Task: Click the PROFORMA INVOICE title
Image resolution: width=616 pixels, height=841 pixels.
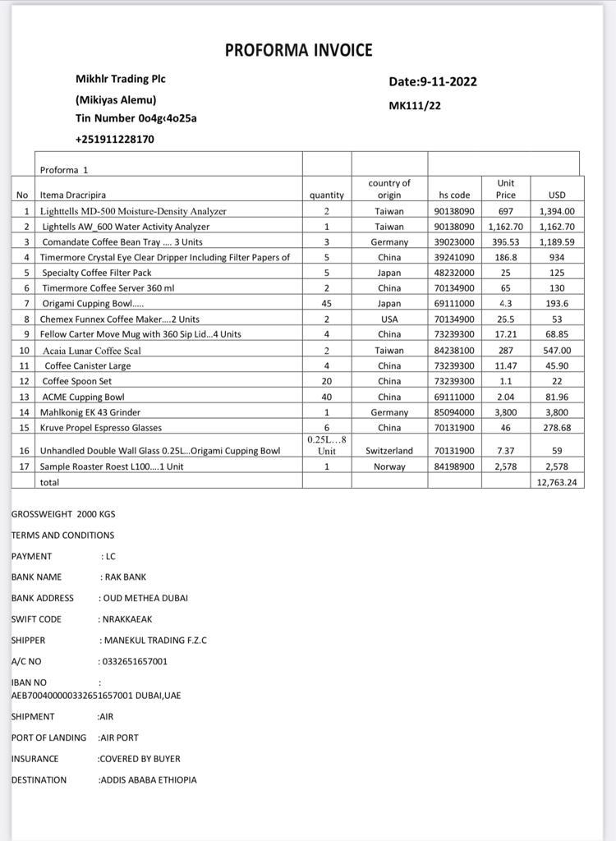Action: pos(298,50)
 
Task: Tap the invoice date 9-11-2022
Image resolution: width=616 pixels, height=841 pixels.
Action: pos(448,81)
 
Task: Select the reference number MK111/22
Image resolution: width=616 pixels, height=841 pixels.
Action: pos(415,106)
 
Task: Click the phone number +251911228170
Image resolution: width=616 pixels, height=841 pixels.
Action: pos(115,139)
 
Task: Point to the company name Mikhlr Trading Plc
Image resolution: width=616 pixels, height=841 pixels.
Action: pos(120,79)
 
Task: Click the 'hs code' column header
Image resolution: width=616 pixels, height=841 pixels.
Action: pos(454,195)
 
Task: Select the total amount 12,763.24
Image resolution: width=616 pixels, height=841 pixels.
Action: pos(557,482)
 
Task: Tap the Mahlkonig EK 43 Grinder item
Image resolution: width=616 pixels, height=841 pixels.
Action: pos(91,412)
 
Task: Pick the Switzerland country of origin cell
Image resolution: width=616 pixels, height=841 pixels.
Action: pos(389,451)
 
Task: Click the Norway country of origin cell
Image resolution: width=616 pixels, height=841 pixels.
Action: pos(389,466)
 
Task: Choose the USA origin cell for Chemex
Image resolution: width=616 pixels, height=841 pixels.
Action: pos(389,319)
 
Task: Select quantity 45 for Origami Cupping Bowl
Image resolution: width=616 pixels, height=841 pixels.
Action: pos(326,304)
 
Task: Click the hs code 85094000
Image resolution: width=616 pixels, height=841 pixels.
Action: pos(454,412)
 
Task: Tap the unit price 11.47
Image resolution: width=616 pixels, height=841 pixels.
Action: pos(506,365)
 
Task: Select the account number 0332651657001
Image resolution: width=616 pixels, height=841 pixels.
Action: pos(133,661)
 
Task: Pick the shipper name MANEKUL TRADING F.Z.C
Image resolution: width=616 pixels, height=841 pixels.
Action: pos(154,640)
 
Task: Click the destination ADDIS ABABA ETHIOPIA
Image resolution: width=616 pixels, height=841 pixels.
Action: pos(148,779)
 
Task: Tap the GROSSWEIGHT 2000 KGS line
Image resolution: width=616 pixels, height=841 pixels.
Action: pos(63,514)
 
